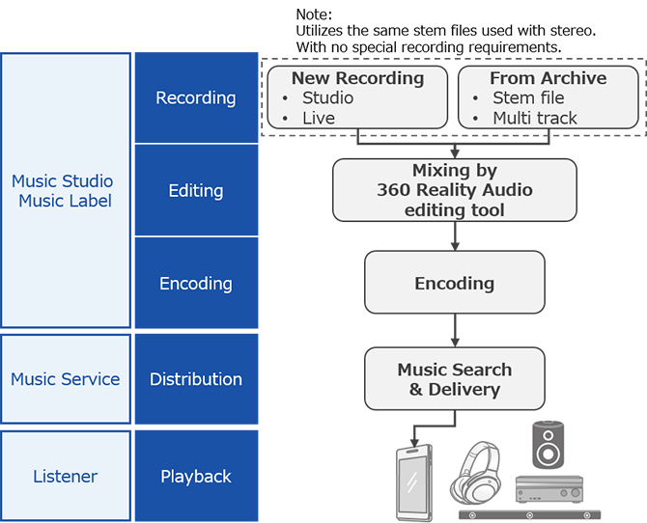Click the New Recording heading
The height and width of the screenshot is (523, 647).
(357, 78)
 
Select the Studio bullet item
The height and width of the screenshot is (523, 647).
(327, 98)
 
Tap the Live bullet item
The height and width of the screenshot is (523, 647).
(319, 119)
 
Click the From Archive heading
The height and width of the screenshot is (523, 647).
(548, 78)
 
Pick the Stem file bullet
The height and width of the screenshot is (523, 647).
(528, 98)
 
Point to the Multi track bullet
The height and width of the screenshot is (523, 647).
(535, 119)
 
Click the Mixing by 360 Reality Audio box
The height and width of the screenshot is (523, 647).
(454, 190)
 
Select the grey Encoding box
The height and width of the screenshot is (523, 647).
(454, 283)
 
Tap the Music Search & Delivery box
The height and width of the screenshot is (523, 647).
(454, 379)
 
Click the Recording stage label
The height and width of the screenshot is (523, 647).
(195, 98)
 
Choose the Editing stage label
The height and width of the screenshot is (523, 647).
(195, 191)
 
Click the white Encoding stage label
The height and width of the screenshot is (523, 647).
(195, 284)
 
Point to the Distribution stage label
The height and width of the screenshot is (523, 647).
(195, 379)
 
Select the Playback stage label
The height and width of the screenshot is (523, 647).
(195, 477)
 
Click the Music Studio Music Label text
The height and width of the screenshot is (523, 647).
(62, 191)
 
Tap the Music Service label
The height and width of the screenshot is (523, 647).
(65, 379)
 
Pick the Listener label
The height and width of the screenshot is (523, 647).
(65, 477)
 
